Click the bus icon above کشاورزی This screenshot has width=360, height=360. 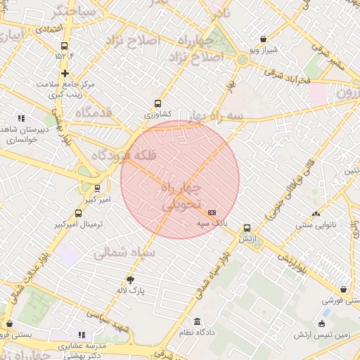click(x=157, y=103)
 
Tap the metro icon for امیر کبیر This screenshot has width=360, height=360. click(x=97, y=188)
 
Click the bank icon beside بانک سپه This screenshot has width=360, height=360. click(x=212, y=212)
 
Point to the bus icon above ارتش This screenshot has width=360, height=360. click(x=246, y=228)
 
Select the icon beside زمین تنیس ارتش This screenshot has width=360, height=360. click(x=322, y=324)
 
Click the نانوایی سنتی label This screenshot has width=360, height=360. click(x=316, y=225)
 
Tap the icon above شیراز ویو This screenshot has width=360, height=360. click(x=262, y=39)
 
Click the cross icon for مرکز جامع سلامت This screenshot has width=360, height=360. click(x=65, y=73)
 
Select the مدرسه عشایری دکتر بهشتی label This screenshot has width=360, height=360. click(x=82, y=350)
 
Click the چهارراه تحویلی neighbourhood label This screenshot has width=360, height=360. click(x=181, y=198)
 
